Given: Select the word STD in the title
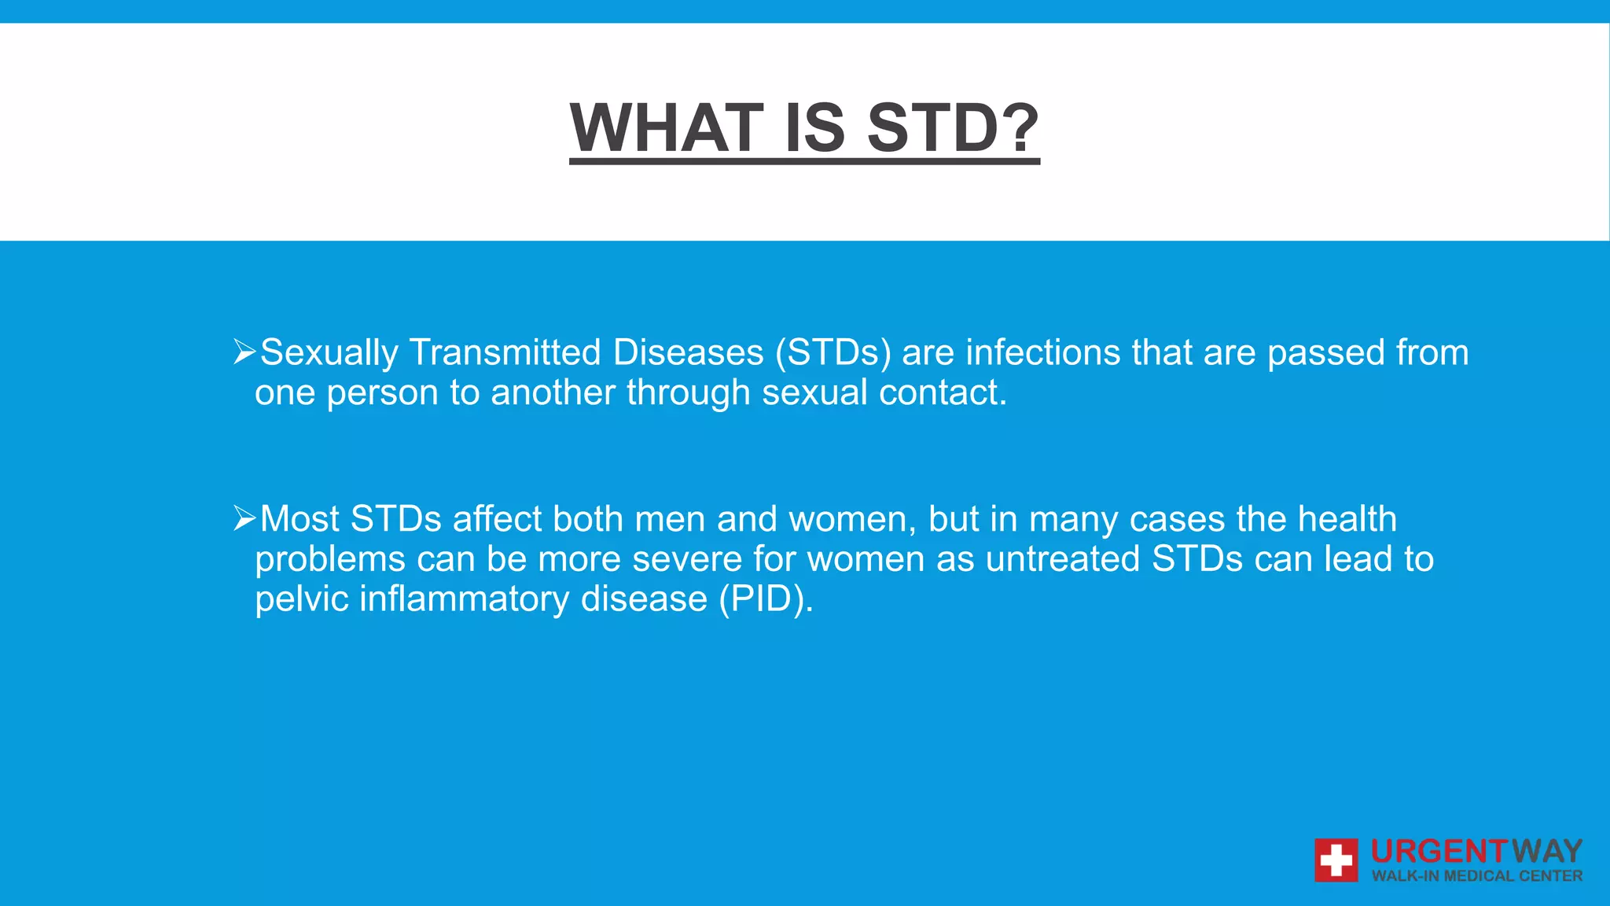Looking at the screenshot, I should click(932, 128).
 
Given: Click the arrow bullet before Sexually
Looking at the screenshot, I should click(244, 352).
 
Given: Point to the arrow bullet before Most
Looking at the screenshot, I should click(244, 518).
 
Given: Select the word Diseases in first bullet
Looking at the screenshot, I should click(688, 352).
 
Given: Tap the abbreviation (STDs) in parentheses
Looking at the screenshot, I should click(833, 352).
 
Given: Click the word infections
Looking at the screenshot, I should click(1042, 352).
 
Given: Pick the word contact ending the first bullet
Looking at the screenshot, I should click(942, 392).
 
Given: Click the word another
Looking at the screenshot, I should click(553, 392).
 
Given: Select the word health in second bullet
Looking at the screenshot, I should click(1347, 519).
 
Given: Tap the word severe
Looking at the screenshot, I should click(686, 559).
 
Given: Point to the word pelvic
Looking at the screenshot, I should click(301, 599).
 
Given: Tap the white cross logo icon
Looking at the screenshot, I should click(1336, 860).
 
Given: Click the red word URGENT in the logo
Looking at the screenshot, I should click(1438, 852).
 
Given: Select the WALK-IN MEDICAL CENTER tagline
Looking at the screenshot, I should click(1476, 876).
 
